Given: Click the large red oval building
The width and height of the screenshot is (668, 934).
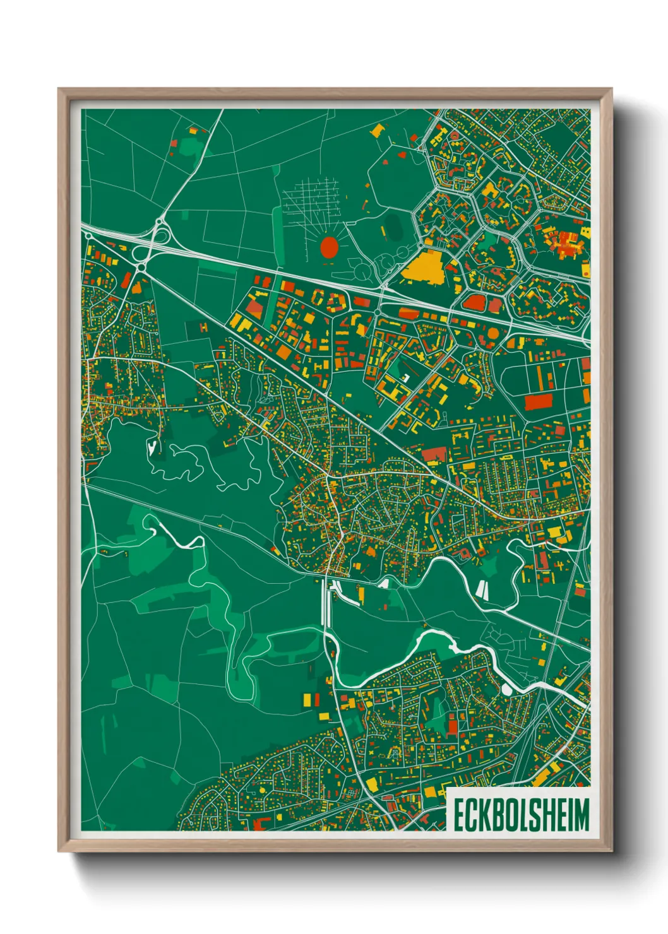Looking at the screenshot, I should (x=329, y=246).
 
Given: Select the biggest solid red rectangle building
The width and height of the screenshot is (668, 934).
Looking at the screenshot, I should (x=539, y=401).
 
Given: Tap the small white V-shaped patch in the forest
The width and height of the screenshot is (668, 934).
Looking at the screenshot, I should (x=152, y=447).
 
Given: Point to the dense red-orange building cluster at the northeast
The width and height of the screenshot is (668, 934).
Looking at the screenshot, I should (x=565, y=243).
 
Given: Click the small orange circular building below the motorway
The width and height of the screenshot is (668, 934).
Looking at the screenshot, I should (x=492, y=330).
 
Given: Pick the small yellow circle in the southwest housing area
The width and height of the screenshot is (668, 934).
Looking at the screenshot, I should (x=261, y=789).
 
